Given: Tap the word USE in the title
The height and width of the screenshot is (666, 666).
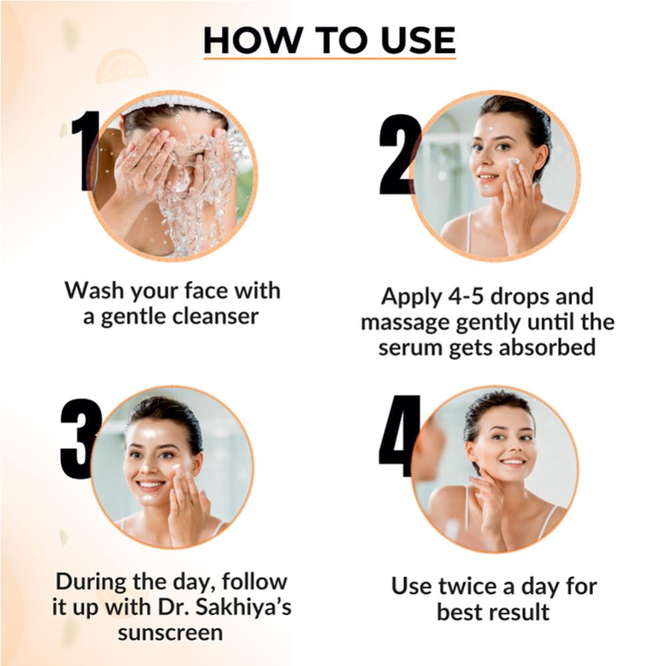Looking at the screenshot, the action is pyautogui.click(x=418, y=40).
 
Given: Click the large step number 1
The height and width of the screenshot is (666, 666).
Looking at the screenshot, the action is pyautogui.click(x=84, y=151).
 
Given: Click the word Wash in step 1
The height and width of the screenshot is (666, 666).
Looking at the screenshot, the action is pyautogui.click(x=95, y=290).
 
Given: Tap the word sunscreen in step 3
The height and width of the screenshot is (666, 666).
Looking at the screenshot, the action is pyautogui.click(x=170, y=633).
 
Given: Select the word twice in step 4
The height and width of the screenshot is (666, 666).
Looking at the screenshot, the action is pyautogui.click(x=468, y=585).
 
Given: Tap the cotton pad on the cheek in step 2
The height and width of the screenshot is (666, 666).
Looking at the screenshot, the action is pyautogui.click(x=513, y=163).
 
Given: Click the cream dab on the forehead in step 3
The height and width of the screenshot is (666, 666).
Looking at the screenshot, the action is pyautogui.click(x=149, y=434).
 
